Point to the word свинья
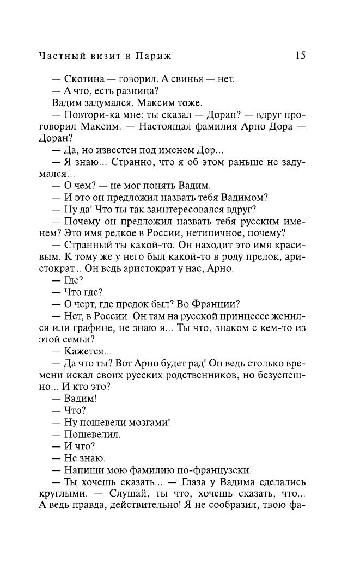tap(182, 79)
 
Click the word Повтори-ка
tap(90, 115)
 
